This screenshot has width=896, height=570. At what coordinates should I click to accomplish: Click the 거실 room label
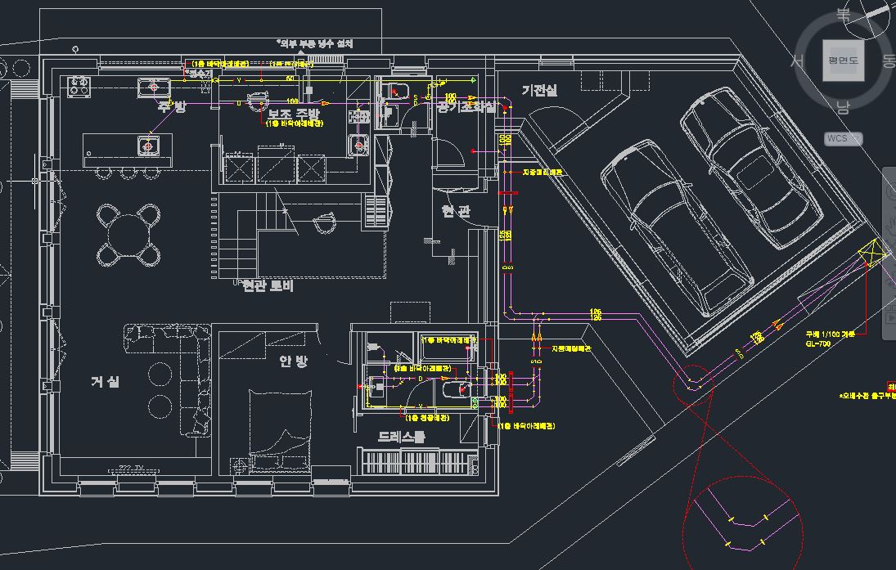pyautogui.click(x=106, y=381)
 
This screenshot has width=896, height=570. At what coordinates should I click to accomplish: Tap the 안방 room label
pyautogui.click(x=293, y=361)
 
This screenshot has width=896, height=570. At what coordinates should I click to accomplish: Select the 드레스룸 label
pyautogui.click(x=401, y=437)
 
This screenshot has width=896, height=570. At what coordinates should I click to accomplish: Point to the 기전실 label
pyautogui.click(x=539, y=90)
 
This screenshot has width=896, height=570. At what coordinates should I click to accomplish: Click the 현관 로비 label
pyautogui.click(x=268, y=285)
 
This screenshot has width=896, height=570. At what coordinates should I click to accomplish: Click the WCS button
pyautogui.click(x=840, y=138)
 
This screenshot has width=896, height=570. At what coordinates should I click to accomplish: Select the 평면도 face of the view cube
pyautogui.click(x=843, y=61)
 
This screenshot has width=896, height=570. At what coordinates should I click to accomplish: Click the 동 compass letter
pyautogui.click(x=889, y=61)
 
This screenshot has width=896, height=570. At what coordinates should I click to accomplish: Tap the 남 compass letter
pyautogui.click(x=843, y=107)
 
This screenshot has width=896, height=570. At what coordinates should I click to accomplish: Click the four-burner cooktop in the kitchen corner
pyautogui.click(x=79, y=86)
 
